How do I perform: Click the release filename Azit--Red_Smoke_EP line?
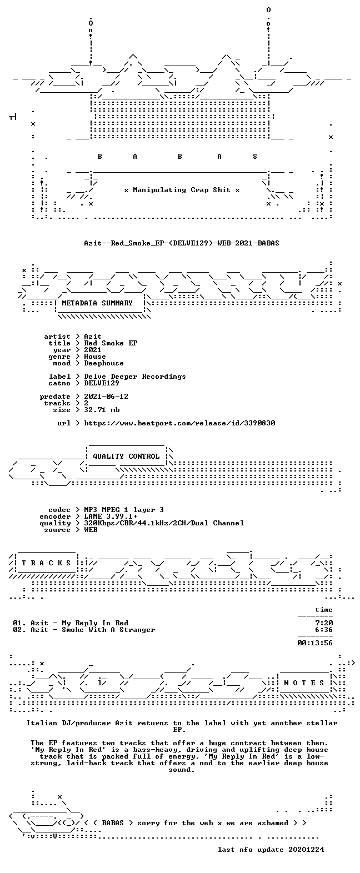pos(181,243)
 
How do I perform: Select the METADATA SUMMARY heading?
pos(97,303)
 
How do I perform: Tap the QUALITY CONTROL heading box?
pos(126,456)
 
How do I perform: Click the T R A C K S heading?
pos(46,563)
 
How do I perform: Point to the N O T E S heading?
pos(304,683)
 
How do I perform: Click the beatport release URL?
pos(179,423)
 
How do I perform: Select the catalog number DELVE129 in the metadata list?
pos(102,383)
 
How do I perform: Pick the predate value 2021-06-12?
pos(106,397)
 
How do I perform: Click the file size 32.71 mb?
pos(102,410)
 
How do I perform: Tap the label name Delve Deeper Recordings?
pos(135,377)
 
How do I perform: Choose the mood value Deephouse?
pos(104,363)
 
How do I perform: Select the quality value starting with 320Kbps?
pos(164,523)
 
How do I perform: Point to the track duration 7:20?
pos(324,623)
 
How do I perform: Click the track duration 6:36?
pos(324,630)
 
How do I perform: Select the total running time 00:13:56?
pos(315,643)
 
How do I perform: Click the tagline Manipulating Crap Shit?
pos(181,190)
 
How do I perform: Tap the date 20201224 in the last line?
pos(306,850)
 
